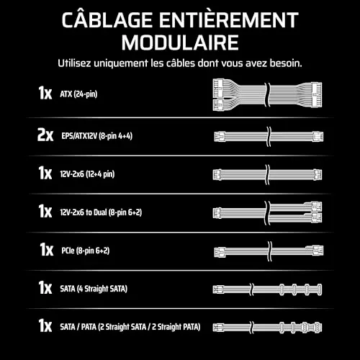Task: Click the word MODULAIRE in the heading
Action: point(180,42)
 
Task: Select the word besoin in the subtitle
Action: point(286,63)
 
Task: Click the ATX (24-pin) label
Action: point(78,94)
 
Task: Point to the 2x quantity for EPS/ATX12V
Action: point(45,135)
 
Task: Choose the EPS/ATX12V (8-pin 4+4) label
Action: point(97,136)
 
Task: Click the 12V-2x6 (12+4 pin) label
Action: point(87,174)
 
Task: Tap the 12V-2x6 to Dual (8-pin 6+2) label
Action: point(101,212)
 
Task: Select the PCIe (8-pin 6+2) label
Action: point(86,251)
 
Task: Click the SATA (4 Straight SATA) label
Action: point(94,289)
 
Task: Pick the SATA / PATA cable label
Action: point(130,327)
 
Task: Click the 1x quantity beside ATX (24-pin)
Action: point(45,93)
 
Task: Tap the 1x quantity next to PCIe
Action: point(47,249)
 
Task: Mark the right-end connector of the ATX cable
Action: point(316,95)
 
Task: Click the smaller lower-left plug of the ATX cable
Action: point(218,104)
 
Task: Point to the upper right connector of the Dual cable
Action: point(316,206)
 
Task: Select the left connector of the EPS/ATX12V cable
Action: point(219,137)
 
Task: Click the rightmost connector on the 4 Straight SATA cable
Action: point(319,289)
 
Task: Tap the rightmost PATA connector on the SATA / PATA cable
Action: point(318,328)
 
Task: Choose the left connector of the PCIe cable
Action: point(220,252)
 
